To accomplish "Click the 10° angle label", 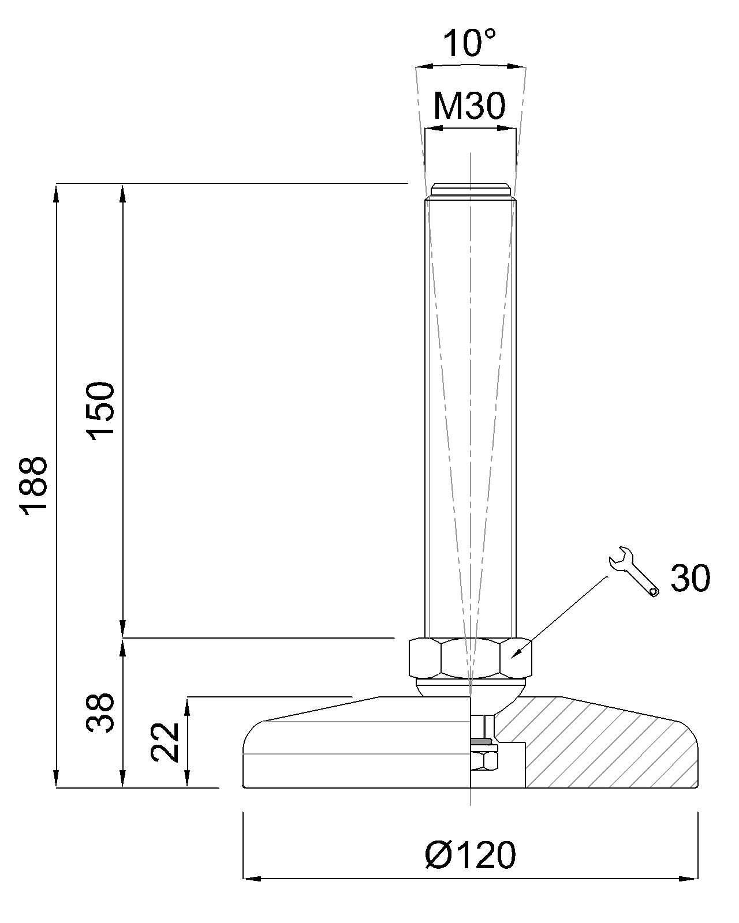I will [x=469, y=43].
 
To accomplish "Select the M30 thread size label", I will [x=469, y=106].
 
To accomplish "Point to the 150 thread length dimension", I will [x=102, y=410].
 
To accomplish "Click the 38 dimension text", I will [x=102, y=712].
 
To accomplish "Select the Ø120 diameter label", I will [x=469, y=854].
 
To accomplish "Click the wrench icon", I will [x=633, y=571].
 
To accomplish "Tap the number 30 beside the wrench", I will [x=691, y=578].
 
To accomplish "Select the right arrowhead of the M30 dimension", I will [x=507, y=128].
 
